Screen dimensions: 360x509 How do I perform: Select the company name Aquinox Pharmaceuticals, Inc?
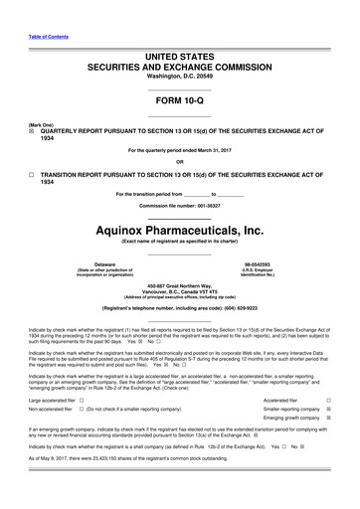click(x=180, y=230)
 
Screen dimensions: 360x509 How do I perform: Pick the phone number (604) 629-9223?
click(x=248, y=310)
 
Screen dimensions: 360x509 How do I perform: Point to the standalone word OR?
click(x=180, y=162)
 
